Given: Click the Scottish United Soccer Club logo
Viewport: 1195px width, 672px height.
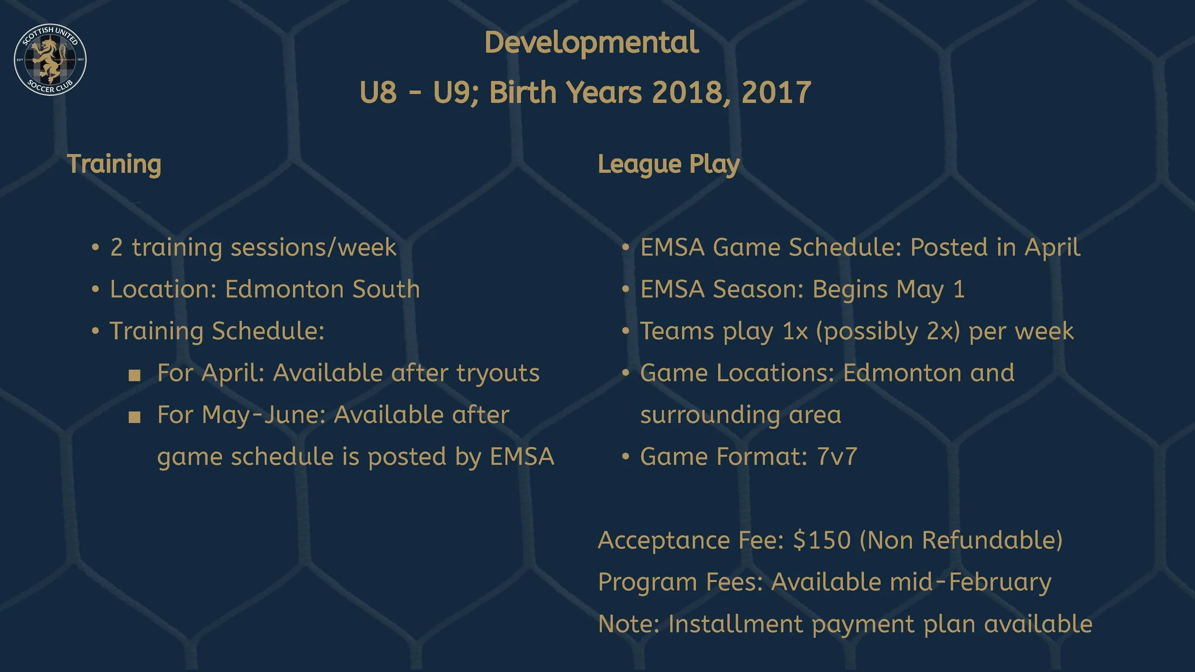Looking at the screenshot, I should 50,60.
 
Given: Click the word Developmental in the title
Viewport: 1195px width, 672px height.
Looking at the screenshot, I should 592,43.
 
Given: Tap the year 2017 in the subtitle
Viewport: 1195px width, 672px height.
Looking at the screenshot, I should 776,92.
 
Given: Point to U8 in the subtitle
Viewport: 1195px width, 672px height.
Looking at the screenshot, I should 378,92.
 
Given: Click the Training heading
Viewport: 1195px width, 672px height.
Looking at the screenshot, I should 114,164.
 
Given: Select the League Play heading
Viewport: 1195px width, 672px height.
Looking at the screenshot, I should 669,164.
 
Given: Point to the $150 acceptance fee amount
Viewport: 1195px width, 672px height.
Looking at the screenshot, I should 822,540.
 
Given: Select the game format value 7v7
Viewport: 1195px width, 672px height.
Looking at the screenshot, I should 837,456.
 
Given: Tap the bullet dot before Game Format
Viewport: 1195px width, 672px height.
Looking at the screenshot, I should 626,456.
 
